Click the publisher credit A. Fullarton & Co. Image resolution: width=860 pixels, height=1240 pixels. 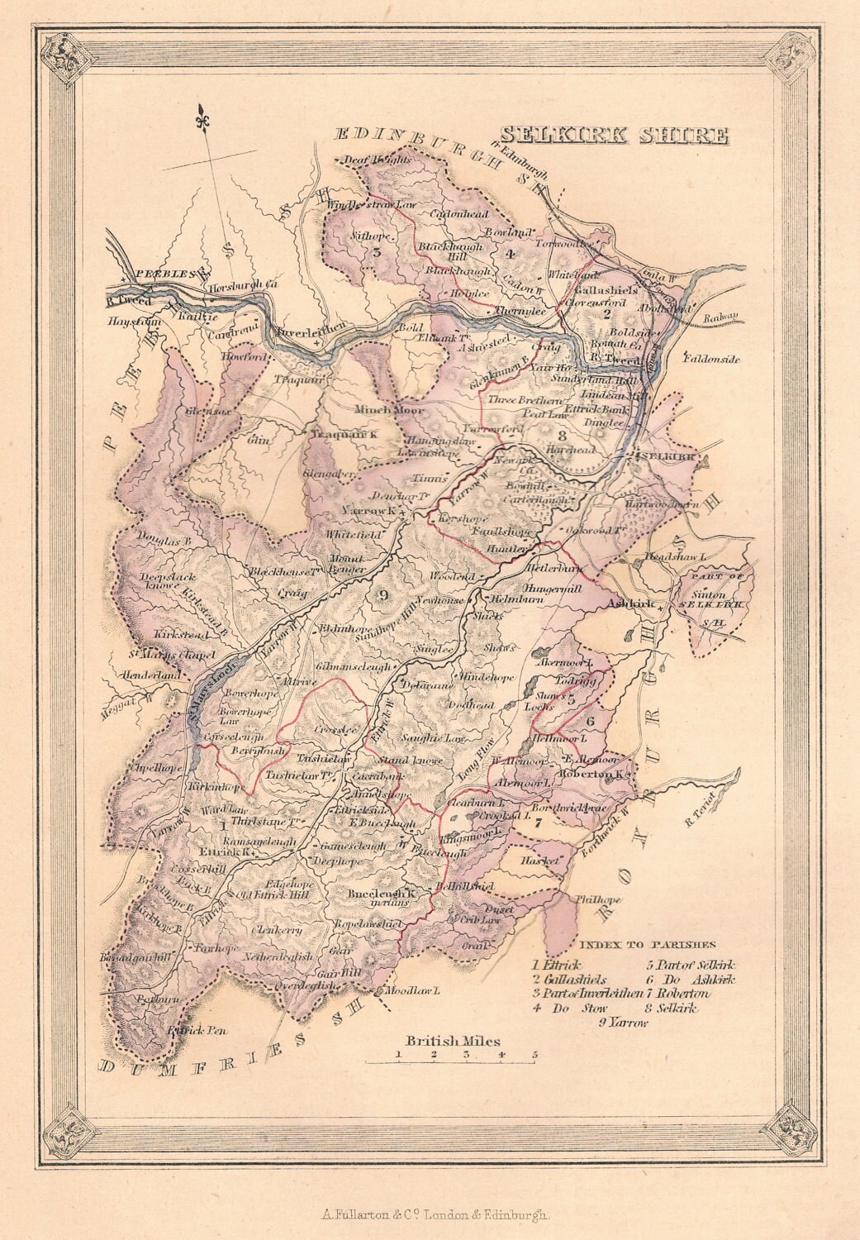(430, 1215)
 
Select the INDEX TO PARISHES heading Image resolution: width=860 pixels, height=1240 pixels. (647, 943)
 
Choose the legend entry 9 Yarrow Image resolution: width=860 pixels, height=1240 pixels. (625, 1023)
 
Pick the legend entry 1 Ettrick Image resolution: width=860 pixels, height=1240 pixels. (558, 964)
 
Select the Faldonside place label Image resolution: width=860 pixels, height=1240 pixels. (713, 359)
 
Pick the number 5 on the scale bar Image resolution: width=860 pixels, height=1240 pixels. (535, 1055)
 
